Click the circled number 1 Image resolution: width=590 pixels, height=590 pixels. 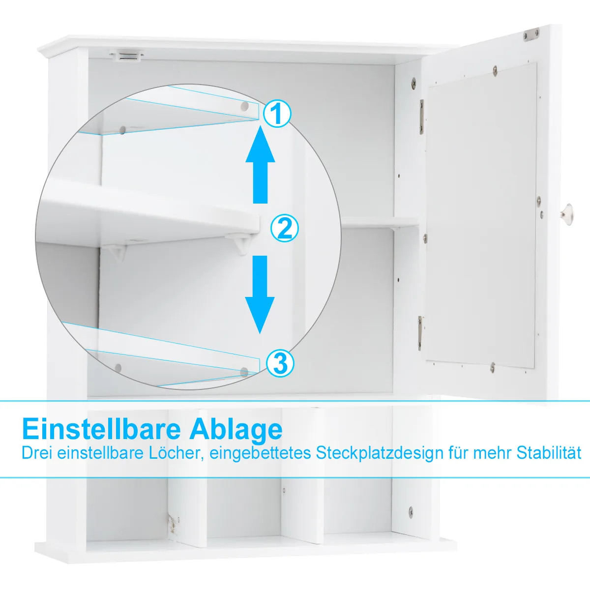pos(276,114)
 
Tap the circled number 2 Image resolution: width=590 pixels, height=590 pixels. pos(285,229)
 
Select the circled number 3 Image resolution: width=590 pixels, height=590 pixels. pos(280,363)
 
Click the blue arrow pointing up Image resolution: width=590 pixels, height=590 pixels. pos(260,165)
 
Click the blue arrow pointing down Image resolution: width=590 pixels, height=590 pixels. pos(260,295)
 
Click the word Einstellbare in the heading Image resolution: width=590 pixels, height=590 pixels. pos(101,429)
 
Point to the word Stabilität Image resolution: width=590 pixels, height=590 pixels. pos(549,453)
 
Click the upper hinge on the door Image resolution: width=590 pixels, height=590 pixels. pos(421,118)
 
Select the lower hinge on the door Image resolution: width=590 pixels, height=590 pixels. pos(420,333)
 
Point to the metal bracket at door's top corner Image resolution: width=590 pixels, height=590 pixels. pos(531,34)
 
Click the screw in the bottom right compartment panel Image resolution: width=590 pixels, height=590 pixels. pos(411,512)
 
